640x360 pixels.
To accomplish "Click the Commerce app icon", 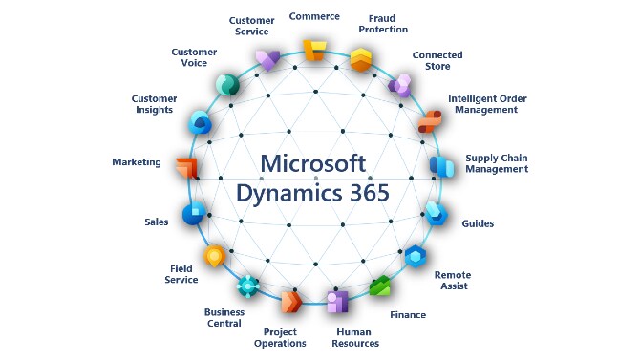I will point(313,50).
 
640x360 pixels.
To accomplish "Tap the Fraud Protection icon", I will point(360,60).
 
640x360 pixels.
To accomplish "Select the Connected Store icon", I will point(400,85).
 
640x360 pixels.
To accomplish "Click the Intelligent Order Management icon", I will point(429,122).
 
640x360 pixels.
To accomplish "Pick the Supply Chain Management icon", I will point(441,166).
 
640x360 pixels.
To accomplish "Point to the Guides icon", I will point(436,212).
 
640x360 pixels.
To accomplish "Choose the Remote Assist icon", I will point(416,255).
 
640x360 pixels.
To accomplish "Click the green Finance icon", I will point(381,287).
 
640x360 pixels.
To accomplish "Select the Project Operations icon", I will point(290,304).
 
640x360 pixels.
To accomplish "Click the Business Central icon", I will point(248,286).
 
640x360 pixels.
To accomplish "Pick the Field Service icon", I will point(215,255).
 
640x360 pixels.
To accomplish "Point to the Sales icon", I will point(194,214).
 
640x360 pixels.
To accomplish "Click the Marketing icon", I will point(187,166).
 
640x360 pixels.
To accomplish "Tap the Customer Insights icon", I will point(200,122).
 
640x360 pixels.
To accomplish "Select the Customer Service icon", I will point(267,59).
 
